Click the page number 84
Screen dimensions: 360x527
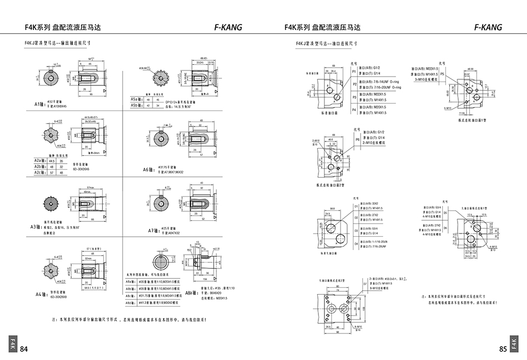(24, 349)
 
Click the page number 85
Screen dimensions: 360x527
(503, 349)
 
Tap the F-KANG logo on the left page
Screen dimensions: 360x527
(228, 27)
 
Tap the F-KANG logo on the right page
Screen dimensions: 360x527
(488, 27)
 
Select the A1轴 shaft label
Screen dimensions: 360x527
(39, 103)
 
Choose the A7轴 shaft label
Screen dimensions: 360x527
(154, 230)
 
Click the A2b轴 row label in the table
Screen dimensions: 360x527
(38, 166)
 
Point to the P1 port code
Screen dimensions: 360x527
(354, 71)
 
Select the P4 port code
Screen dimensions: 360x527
(354, 109)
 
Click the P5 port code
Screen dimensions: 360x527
(443, 73)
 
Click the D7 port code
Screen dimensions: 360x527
(365, 284)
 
